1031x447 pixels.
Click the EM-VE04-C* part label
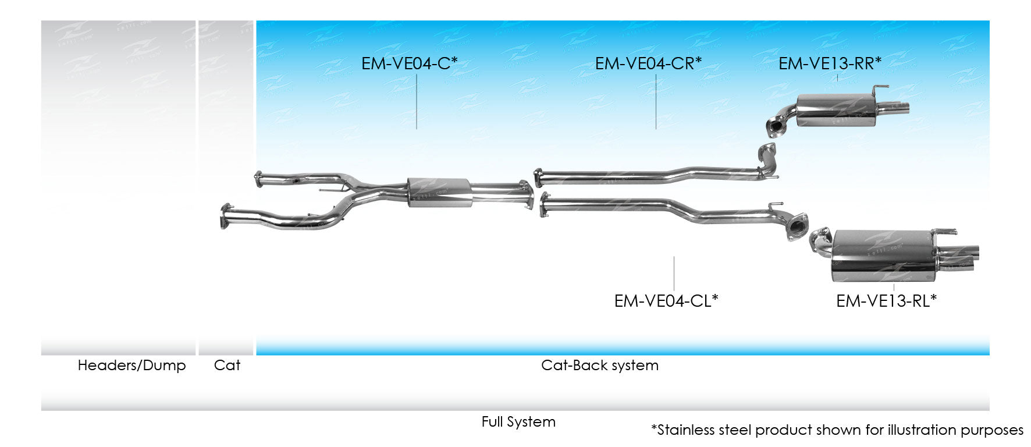tap(409, 63)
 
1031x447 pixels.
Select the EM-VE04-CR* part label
tap(648, 63)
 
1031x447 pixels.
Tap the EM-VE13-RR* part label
tap(830, 63)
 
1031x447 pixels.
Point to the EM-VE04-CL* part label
tap(666, 301)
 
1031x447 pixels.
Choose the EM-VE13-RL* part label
tap(886, 301)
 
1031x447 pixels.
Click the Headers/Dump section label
tap(131, 366)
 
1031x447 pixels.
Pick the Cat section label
tap(227, 366)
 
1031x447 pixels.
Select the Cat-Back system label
tap(599, 366)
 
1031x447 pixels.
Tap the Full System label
tap(518, 422)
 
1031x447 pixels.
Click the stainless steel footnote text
tap(837, 430)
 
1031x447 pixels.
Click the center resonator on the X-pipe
tap(439, 191)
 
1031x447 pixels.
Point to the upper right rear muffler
tap(835, 111)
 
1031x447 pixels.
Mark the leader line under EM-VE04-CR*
tap(656, 102)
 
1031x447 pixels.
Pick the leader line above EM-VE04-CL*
tap(674, 274)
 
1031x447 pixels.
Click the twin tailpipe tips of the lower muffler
tap(963, 258)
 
